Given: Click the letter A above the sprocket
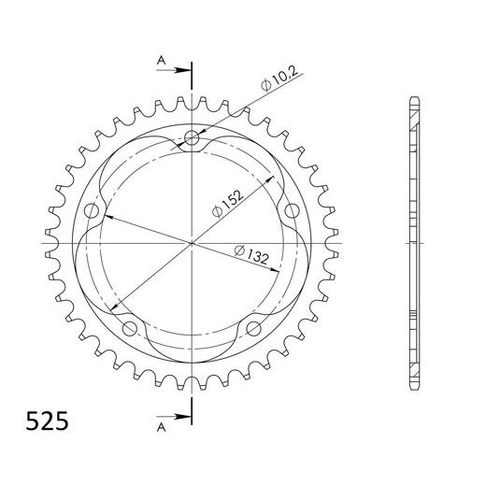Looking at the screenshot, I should [x=161, y=62].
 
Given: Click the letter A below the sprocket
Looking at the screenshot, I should [x=161, y=425].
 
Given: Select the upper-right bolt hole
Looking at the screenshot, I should [x=291, y=211].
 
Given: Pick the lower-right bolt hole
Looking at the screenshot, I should [x=253, y=327].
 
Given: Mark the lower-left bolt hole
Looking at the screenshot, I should [x=131, y=327].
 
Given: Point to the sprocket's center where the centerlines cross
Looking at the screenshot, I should [x=193, y=243].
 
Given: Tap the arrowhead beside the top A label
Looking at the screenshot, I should [x=182, y=70].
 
